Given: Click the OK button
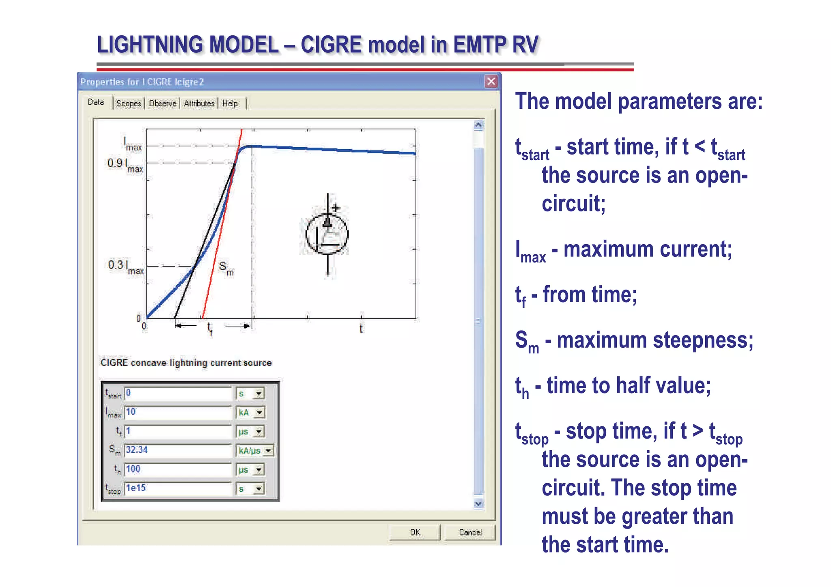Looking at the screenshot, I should pos(415,532).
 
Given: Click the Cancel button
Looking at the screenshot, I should pos(470,532).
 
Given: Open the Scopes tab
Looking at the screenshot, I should pos(128,103).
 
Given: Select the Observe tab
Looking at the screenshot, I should pos(162,103).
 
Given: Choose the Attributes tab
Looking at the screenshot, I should pos(199,103).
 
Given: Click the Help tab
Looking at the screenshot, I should pos(230,103).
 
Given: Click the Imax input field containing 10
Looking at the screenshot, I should pos(178,412).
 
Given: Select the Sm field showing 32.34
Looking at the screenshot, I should pos(178,450).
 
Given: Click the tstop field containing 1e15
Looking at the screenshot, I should pos(178,488).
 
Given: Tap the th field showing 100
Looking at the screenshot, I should pos(178,469).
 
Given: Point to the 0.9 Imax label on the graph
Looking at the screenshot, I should pos(125,165).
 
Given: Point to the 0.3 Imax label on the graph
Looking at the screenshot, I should pos(126,267).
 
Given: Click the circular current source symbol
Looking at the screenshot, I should pos(327,234).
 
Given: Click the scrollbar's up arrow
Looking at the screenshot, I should pos(478,125).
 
